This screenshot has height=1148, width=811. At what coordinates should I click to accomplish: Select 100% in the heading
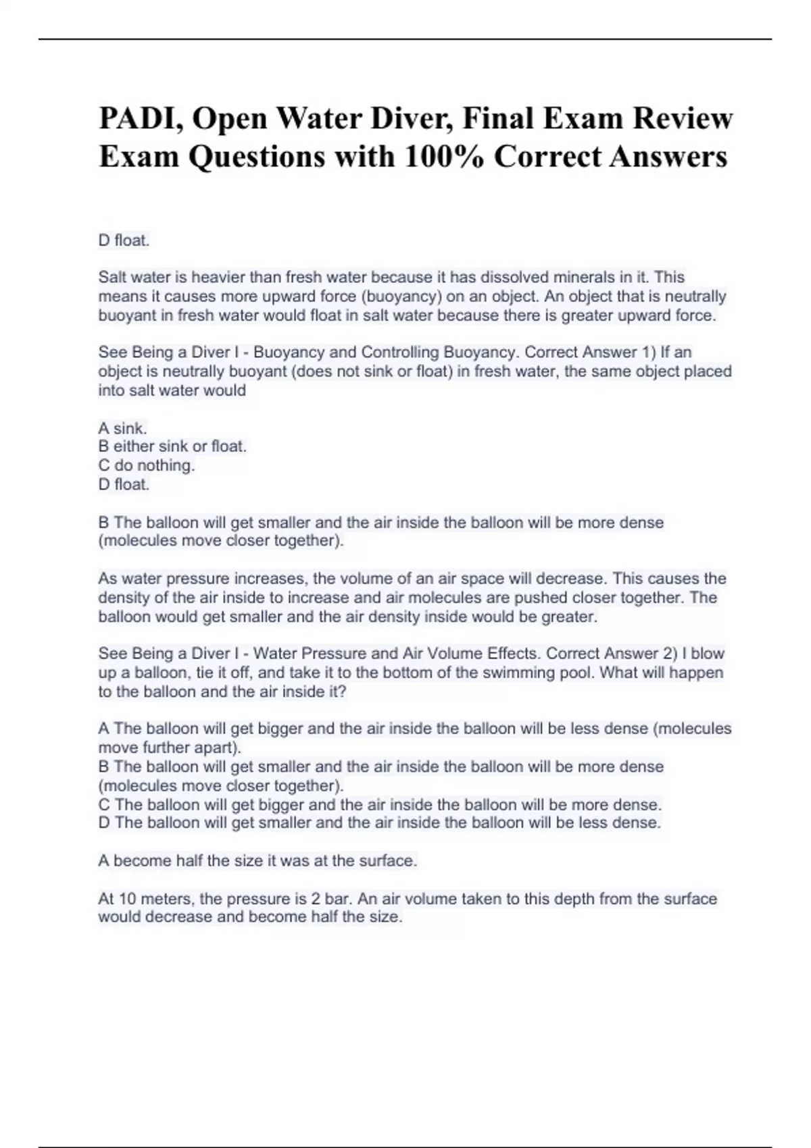[x=443, y=157]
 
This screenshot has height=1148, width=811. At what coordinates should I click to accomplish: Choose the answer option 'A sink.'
[x=122, y=428]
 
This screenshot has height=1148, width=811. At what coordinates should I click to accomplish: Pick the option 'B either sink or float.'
[x=172, y=446]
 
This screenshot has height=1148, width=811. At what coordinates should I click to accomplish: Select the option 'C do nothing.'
[x=146, y=465]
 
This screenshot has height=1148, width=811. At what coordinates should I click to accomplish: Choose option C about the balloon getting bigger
[x=380, y=804]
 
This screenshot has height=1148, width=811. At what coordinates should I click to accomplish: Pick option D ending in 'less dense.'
[x=379, y=823]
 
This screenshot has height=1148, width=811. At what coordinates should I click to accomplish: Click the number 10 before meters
[x=127, y=899]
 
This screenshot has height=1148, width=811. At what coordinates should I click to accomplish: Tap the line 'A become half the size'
[x=257, y=861]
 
